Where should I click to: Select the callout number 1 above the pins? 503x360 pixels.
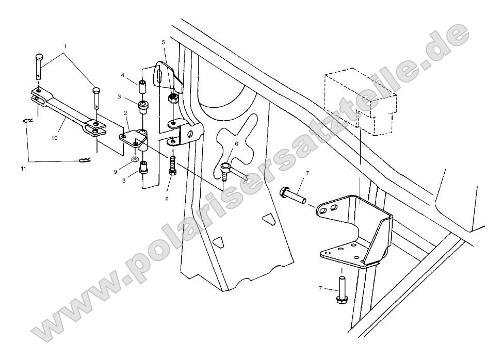65,46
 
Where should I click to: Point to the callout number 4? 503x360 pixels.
123,76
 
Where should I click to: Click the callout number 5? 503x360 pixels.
163,42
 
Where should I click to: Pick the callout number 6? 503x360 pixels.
237,144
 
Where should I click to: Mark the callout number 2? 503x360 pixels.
125,112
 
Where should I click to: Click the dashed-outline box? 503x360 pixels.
360,100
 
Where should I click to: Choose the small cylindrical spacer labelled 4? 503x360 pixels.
143,85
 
